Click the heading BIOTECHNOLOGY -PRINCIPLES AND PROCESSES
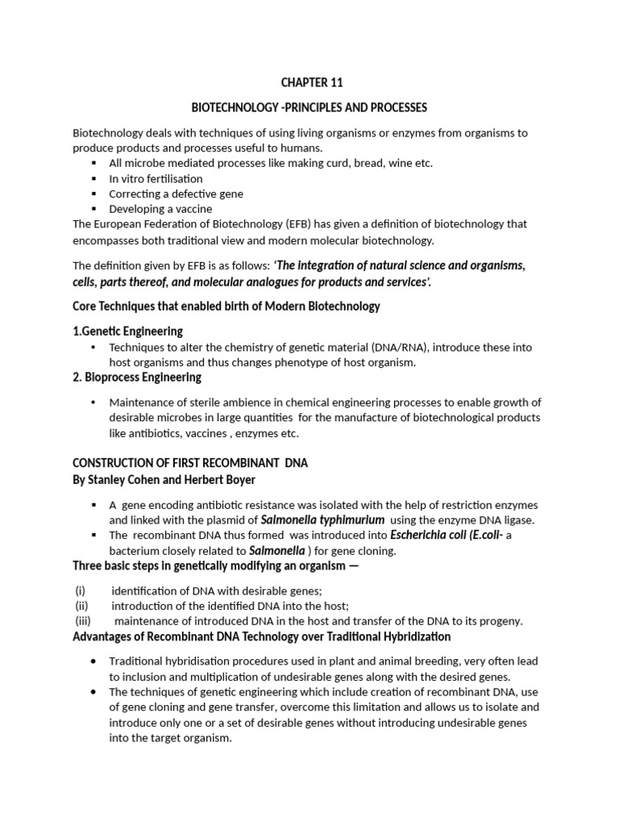pyautogui.click(x=309, y=107)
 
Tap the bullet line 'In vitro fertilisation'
pyautogui.click(x=156, y=178)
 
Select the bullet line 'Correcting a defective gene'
pyautogui.click(x=176, y=194)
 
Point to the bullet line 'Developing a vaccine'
pyautogui.click(x=160, y=209)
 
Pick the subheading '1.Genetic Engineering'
pyautogui.click(x=127, y=331)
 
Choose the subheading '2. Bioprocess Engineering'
pyautogui.click(x=137, y=377)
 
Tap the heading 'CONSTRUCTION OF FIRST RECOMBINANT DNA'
pyautogui.click(x=190, y=463)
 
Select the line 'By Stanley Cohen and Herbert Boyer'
pyautogui.click(x=164, y=479)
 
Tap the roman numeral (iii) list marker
pyautogui.click(x=83, y=621)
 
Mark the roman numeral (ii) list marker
pyautogui.click(x=81, y=606)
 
